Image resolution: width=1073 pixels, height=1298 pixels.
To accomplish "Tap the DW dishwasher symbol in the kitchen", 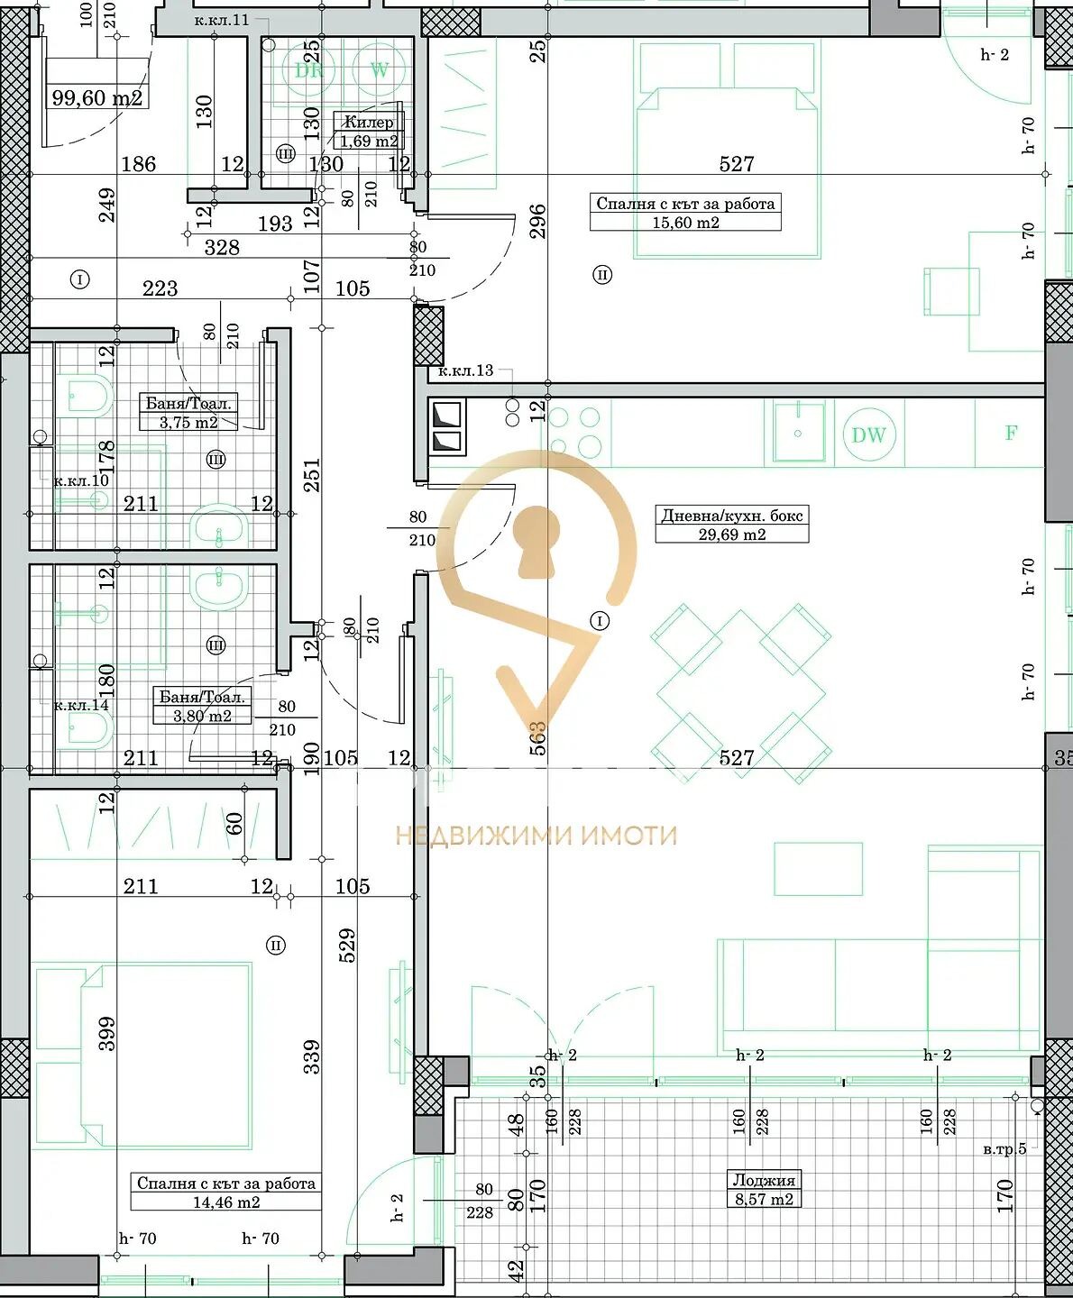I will (868, 435).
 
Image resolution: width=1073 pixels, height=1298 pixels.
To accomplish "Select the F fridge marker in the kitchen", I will (1011, 434).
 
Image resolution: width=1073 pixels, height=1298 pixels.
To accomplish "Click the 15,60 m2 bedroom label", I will (685, 213).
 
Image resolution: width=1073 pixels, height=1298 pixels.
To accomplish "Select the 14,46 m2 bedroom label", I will (226, 1193).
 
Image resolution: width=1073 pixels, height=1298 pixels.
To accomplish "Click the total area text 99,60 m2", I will (96, 98).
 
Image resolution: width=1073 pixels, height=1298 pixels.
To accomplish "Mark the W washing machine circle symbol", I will (379, 70).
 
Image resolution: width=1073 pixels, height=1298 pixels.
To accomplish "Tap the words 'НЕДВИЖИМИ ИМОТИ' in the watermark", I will (536, 836).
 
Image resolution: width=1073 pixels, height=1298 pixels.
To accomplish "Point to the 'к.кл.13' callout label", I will (465, 370).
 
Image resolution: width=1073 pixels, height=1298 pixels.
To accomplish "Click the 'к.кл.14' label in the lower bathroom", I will (81, 705).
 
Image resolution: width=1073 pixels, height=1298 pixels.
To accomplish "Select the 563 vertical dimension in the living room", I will (537, 737).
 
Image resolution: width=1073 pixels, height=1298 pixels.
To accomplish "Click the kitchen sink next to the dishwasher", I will (798, 433).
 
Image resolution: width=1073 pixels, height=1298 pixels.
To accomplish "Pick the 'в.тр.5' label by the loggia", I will (1004, 1149).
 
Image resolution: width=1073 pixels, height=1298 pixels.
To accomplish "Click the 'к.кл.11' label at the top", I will (221, 20).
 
